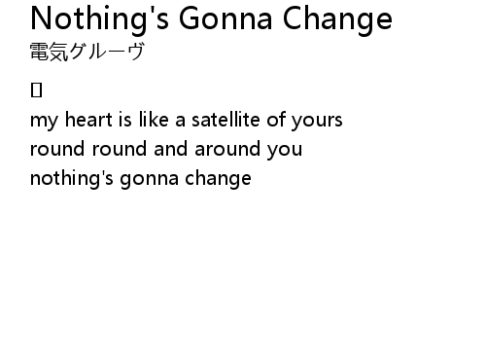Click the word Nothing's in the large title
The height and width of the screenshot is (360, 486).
(99, 19)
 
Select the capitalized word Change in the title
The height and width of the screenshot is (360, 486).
(337, 20)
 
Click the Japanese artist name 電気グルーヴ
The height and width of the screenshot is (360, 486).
(87, 52)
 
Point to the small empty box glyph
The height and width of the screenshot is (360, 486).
(36, 90)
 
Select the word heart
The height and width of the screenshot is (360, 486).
(88, 119)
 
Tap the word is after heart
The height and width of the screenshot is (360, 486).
(125, 119)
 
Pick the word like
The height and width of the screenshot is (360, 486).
(154, 119)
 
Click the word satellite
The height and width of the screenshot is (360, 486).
(226, 119)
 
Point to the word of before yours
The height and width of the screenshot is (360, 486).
(275, 119)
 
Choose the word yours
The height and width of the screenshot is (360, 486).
(317, 121)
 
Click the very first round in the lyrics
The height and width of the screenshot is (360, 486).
(57, 148)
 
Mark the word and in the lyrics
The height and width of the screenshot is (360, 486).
(171, 148)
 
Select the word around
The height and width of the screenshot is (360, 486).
(227, 148)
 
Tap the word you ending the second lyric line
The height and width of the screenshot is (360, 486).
(285, 150)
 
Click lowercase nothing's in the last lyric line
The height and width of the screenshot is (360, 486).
(72, 179)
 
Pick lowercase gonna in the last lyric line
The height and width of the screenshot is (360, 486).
(150, 180)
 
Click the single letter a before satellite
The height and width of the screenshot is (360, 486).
(180, 121)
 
